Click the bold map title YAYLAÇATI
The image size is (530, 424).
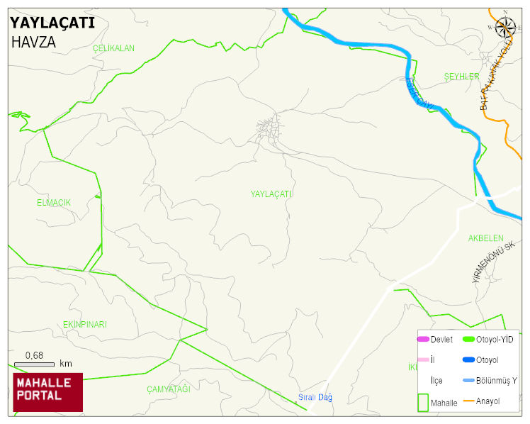52,23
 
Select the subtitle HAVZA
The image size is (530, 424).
33,42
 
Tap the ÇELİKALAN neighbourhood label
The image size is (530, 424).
113,48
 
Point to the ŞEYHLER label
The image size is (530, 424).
461,77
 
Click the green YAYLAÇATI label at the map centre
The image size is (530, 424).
271,194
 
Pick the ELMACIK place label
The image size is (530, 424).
54,203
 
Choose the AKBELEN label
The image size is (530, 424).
485,238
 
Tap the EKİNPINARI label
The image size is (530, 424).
84,325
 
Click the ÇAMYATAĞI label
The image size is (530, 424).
169,389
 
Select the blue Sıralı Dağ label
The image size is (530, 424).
315,397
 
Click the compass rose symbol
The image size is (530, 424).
505,27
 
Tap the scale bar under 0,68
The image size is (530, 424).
34,364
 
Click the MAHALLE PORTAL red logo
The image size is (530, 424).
47,392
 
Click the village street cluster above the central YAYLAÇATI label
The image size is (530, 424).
269,130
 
